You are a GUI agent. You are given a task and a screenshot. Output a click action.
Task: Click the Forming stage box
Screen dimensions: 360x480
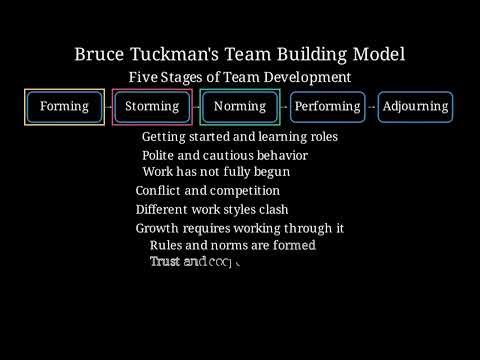(64, 107)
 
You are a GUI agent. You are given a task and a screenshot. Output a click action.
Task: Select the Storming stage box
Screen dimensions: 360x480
(152, 107)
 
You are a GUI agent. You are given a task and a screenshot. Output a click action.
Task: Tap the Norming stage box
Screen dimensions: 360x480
(240, 107)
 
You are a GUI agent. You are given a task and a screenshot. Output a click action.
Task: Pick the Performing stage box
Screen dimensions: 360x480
(327, 107)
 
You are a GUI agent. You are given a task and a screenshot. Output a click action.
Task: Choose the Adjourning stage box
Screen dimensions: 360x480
(415, 107)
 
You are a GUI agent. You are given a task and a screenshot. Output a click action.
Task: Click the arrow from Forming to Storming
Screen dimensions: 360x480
(108, 107)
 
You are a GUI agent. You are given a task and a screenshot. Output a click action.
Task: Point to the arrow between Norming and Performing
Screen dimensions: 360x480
(284, 107)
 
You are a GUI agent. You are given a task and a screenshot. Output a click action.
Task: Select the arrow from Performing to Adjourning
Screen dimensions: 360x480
(372, 107)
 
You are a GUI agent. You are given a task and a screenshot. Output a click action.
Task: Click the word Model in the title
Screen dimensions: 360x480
(377, 54)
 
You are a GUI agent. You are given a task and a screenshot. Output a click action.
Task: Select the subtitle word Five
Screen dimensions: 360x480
(145, 77)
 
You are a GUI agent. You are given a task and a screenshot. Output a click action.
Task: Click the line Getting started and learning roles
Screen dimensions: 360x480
(239, 137)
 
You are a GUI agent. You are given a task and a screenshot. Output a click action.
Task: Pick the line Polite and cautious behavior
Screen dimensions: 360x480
(224, 156)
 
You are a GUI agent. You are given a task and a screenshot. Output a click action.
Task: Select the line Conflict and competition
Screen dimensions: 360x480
(207, 191)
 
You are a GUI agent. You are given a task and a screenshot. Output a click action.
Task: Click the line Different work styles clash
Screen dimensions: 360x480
(212, 210)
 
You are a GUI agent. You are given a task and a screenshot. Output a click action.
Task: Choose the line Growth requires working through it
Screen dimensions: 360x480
(240, 228)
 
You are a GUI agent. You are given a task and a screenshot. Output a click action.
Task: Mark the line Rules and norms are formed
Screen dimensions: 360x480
(232, 245)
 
